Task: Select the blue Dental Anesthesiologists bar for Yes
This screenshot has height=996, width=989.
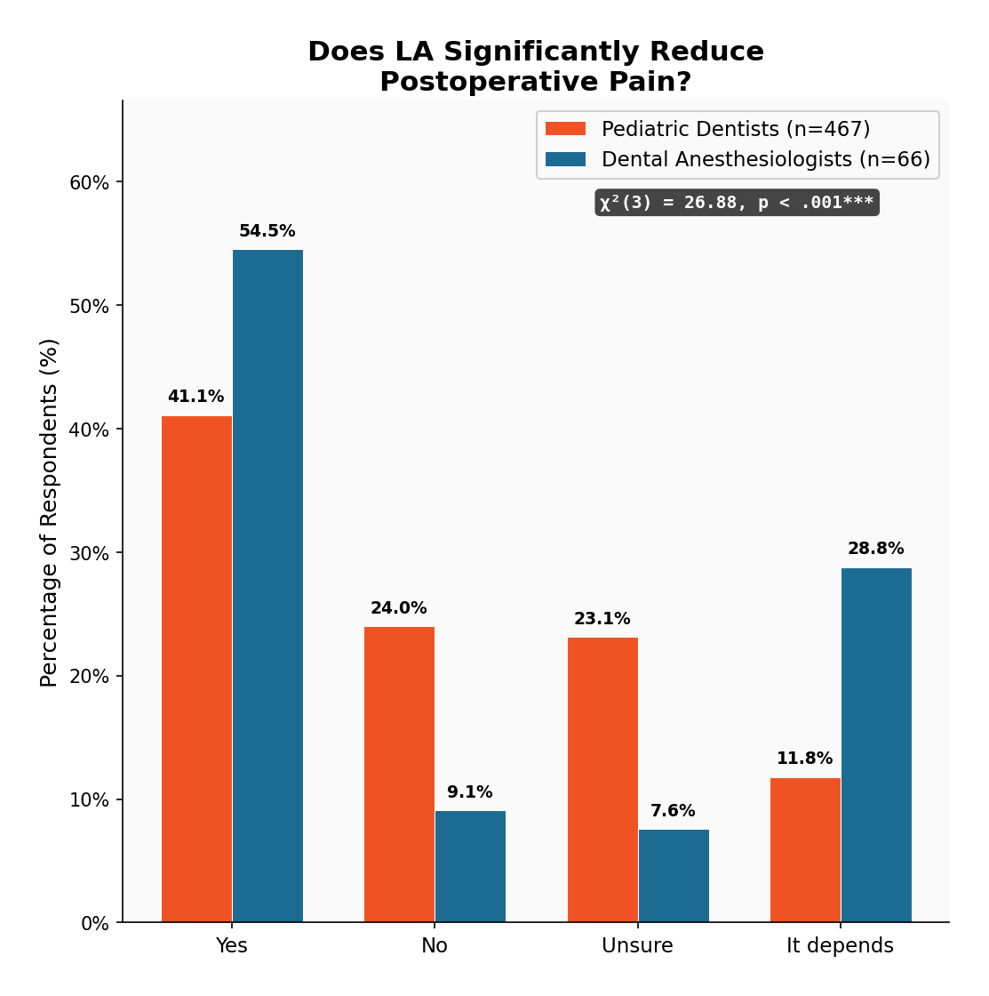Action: pos(267,586)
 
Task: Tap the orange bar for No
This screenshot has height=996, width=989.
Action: pos(399,775)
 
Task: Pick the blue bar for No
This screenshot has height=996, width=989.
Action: pos(470,866)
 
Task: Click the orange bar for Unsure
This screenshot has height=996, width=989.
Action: pos(602,780)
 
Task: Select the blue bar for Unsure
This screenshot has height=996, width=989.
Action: pos(674,876)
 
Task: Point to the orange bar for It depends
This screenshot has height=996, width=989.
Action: pos(805,850)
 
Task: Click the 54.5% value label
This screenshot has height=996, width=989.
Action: pos(267,231)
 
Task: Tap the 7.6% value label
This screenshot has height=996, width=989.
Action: pos(673,811)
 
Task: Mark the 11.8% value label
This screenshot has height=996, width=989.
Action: pos(804,759)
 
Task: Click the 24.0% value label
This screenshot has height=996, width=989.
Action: pos(398,608)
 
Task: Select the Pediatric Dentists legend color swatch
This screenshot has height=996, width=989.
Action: pos(565,129)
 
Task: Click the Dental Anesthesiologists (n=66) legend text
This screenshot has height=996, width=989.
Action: pos(765,159)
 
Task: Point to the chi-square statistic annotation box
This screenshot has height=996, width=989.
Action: pos(737,203)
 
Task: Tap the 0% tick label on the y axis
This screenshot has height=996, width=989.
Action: pos(95,923)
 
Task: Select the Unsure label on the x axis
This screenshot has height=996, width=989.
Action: pos(637,945)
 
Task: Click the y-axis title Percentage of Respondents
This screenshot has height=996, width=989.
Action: pos(50,512)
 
